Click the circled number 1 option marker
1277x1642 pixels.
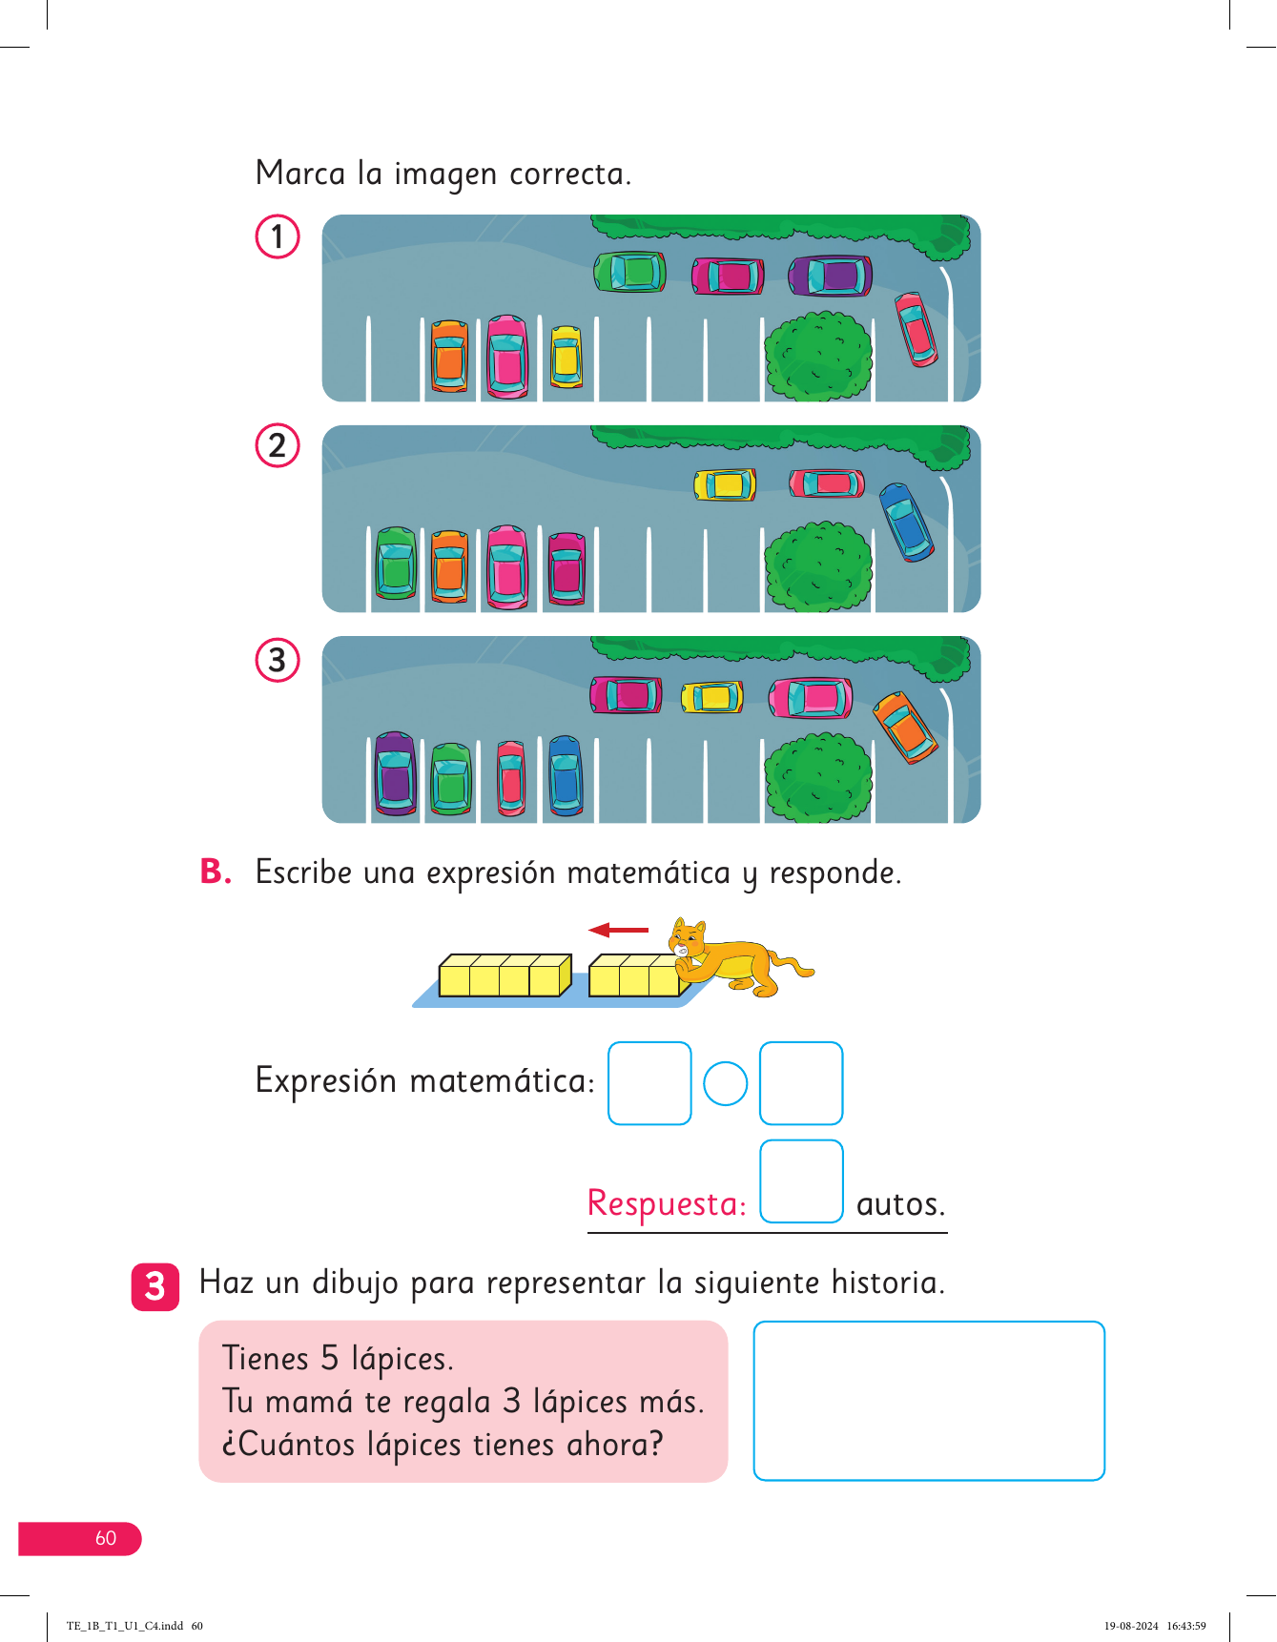point(278,236)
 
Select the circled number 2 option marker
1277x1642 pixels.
point(278,445)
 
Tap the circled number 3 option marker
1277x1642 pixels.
point(278,660)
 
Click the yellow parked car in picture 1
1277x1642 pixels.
point(566,358)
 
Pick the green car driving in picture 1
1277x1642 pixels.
point(629,272)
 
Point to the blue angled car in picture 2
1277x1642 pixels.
point(906,521)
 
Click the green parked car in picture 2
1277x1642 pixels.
point(396,564)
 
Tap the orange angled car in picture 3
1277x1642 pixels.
point(905,727)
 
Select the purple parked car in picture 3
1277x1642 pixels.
point(395,773)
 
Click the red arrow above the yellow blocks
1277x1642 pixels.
point(618,930)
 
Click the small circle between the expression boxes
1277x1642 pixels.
point(725,1083)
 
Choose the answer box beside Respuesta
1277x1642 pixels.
point(801,1181)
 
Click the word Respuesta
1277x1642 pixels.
point(666,1203)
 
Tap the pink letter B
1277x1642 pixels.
point(216,872)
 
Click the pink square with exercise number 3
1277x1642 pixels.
point(155,1286)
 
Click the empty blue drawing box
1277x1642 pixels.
point(929,1400)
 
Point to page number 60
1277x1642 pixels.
point(105,1538)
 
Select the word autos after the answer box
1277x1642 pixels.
point(900,1204)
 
